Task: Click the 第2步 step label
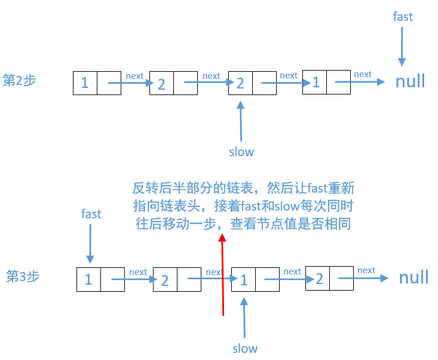[20, 81]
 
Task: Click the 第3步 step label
[23, 276]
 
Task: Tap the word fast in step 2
[402, 17]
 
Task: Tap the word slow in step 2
[241, 152]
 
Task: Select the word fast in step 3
[91, 214]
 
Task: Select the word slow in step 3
[245, 348]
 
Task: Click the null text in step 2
[410, 81]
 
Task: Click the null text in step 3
[414, 277]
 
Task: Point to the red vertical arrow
[222, 275]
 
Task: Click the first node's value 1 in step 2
[85, 83]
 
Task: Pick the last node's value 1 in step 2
[316, 83]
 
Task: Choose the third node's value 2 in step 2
[240, 83]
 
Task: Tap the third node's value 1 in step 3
[244, 279]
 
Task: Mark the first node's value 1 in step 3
[88, 279]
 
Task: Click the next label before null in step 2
[362, 74]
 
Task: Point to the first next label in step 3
[138, 272]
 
